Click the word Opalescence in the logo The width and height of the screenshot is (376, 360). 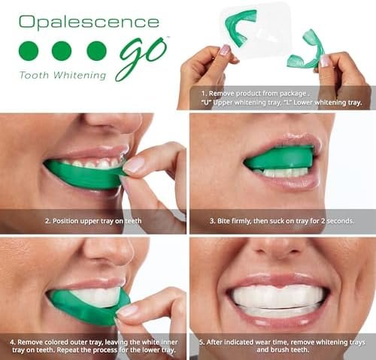(89, 23)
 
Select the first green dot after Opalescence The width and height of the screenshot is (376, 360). (29, 51)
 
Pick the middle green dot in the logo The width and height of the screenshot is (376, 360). (62, 51)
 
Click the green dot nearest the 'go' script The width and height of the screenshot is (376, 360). (96, 51)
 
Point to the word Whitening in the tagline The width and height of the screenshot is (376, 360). (80, 75)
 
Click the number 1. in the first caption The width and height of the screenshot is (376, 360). (205, 94)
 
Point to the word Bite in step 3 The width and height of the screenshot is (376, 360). (222, 221)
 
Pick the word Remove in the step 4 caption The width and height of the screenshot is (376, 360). (27, 342)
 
